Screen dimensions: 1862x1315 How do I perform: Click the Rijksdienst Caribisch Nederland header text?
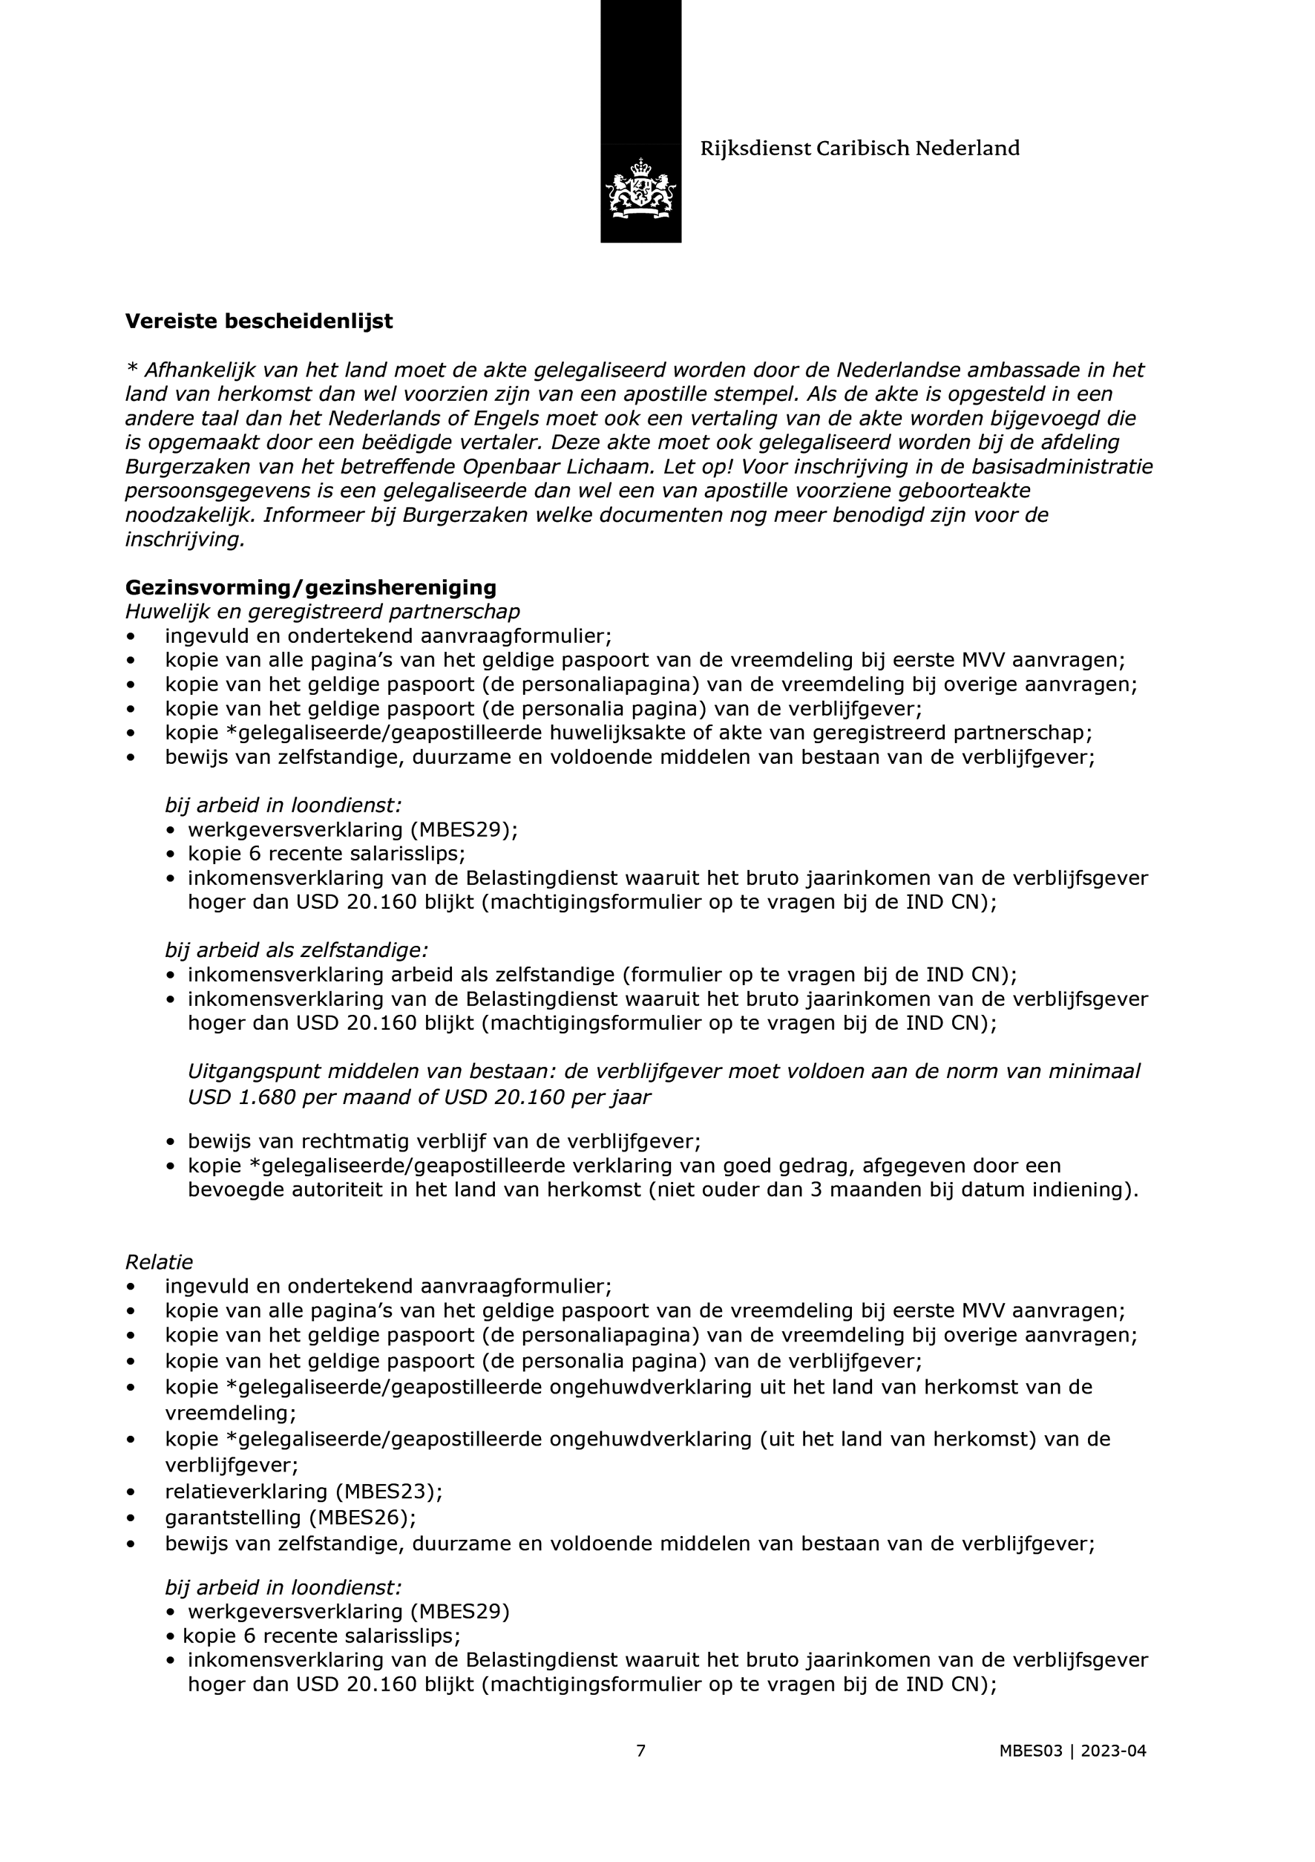(859, 148)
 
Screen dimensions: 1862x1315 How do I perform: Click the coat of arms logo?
(640, 189)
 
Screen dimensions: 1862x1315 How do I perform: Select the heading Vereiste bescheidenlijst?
(259, 321)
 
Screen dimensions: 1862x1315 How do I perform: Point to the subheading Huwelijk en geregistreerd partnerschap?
(323, 612)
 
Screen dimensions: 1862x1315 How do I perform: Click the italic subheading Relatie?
(159, 1262)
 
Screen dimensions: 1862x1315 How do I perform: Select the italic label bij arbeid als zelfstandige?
(297, 950)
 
